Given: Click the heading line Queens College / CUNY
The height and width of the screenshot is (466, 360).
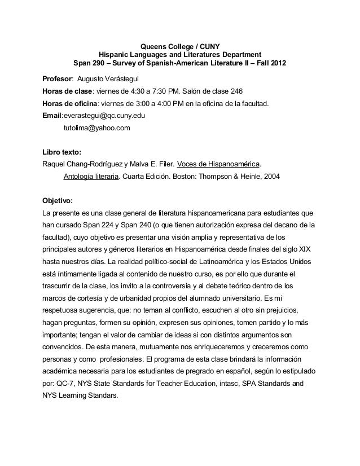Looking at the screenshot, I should pos(179,45).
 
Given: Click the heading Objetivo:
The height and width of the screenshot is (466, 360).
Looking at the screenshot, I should pos(58,202).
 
